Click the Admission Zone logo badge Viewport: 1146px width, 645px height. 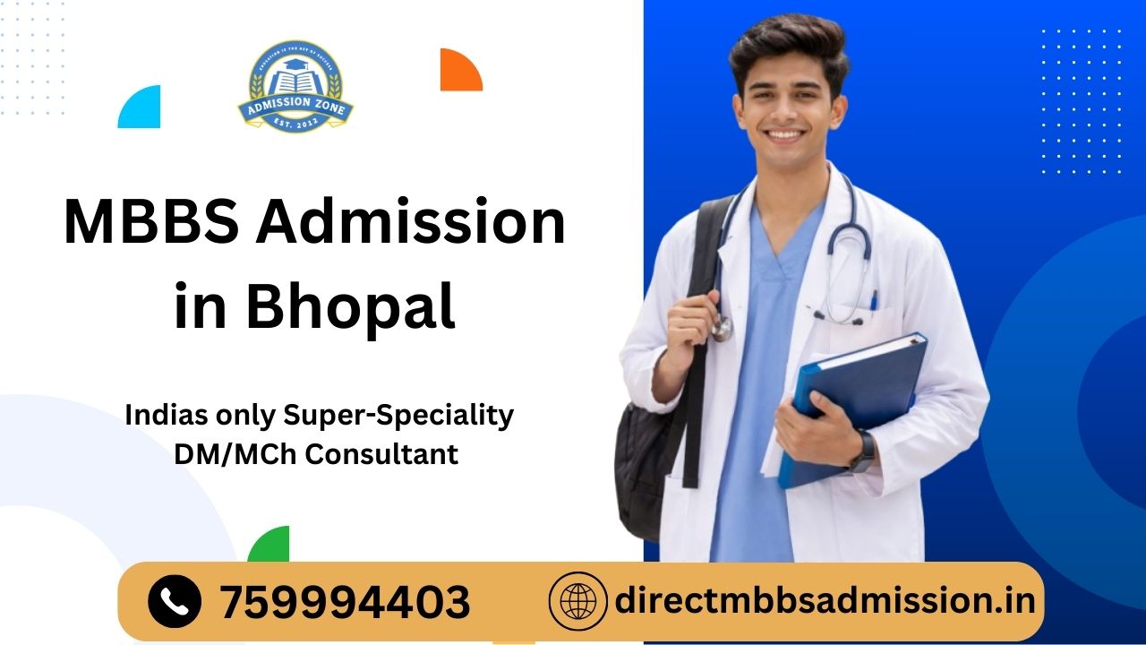click(295, 87)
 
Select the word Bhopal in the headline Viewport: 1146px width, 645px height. click(350, 305)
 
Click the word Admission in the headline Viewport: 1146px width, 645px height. click(410, 223)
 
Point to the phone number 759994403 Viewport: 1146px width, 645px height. click(345, 601)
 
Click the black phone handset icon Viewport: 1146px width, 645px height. click(175, 600)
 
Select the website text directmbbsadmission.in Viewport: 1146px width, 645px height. click(824, 599)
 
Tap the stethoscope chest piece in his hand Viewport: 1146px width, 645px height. click(722, 328)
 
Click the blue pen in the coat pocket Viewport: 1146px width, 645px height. click(873, 298)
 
